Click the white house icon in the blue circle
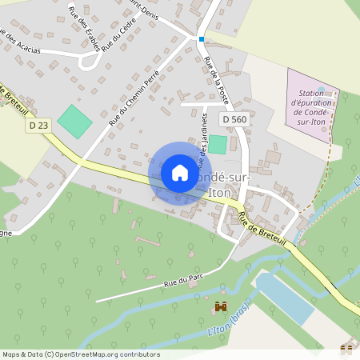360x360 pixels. coord(180,173)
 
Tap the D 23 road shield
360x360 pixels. coord(38,125)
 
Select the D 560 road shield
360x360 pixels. coord(234,119)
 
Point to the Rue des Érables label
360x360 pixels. coord(85,28)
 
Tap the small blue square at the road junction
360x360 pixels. coord(202,38)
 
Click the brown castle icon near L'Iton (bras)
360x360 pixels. coord(220,306)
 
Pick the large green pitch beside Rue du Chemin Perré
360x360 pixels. coord(74,120)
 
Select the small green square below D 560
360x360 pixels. coord(218,145)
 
